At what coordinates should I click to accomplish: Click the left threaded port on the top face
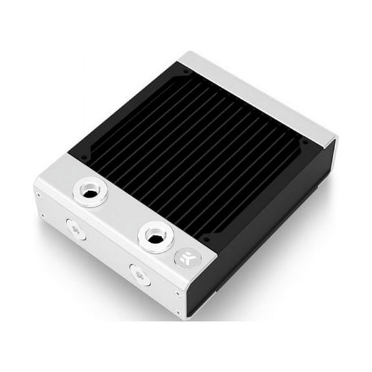[90, 191]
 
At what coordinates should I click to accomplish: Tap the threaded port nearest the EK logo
[155, 236]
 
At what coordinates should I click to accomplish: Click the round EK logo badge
[187, 259]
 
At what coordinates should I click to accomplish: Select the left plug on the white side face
[76, 229]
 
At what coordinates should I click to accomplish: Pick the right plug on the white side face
[139, 274]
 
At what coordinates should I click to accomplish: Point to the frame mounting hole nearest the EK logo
[205, 238]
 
